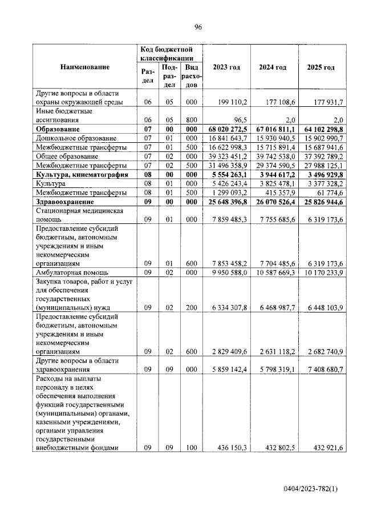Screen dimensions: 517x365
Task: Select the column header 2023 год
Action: click(226, 67)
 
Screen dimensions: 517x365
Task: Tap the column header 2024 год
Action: click(273, 67)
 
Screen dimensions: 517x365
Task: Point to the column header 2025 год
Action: click(321, 67)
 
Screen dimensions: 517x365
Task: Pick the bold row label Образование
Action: click(59, 130)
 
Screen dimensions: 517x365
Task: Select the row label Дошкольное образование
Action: click(76, 138)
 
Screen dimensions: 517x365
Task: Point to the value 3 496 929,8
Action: click(321, 174)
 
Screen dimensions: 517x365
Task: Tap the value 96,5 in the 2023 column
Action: click(237, 121)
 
